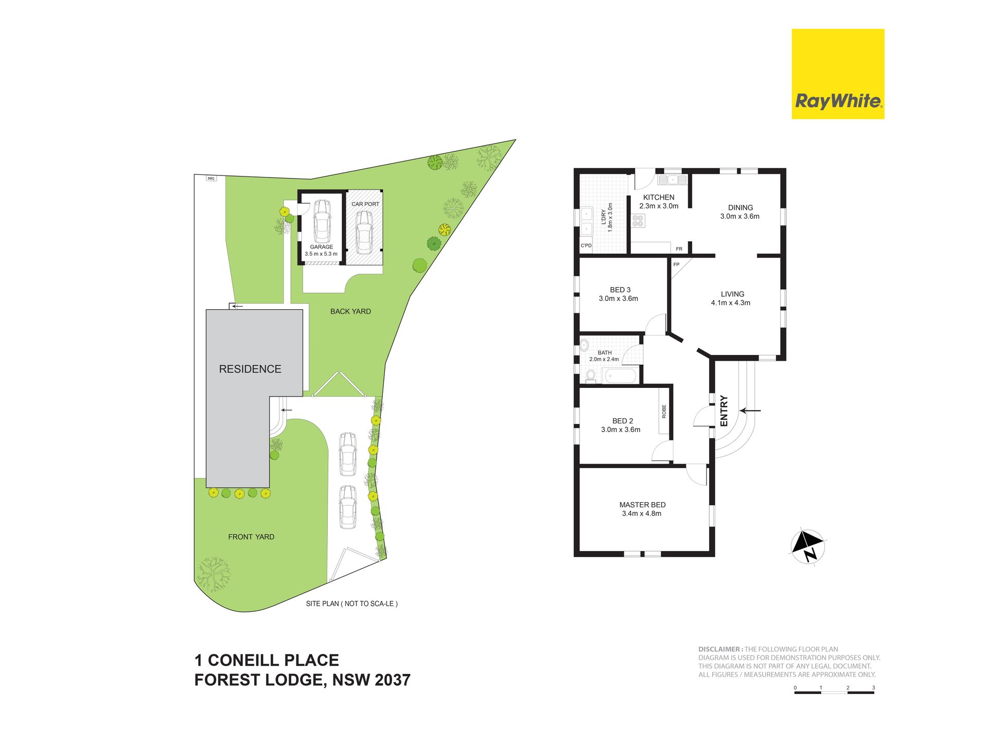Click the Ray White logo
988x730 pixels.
pos(838,74)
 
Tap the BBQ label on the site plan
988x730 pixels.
pos(211,179)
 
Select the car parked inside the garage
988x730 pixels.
pos(322,221)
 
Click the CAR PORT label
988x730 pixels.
pos(365,204)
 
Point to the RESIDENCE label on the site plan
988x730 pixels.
pos(250,369)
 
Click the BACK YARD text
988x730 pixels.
pos(350,311)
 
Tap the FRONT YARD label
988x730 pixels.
pos(251,537)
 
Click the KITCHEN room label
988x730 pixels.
pos(659,197)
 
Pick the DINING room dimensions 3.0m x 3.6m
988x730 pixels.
pos(740,217)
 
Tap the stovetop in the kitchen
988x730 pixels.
pos(638,221)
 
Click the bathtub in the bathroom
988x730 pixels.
pos(620,376)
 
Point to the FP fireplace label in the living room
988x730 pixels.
pos(676,265)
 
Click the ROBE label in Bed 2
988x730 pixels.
pos(664,411)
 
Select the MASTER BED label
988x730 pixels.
pos(642,505)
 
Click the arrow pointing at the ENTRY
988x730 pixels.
pos(750,411)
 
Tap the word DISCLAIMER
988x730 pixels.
pos(719,649)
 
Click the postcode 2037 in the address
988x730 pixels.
pos(393,680)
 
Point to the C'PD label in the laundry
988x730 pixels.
pos(586,246)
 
